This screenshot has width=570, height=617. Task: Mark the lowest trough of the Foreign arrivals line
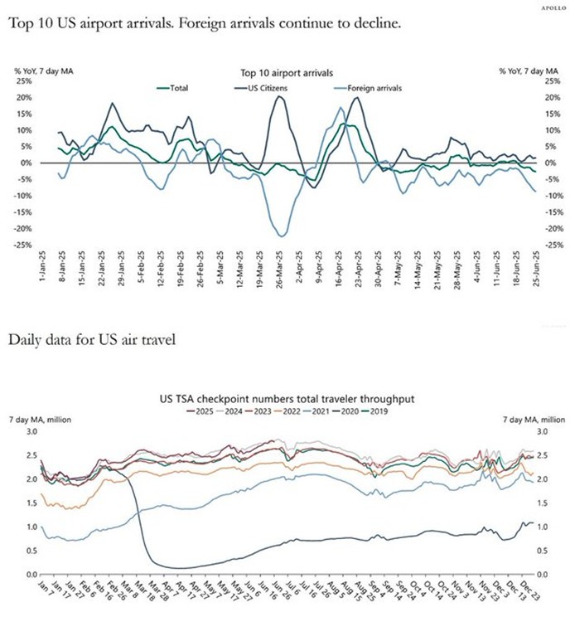coord(282,236)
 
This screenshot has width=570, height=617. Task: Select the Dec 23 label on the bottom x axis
coord(529,591)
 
